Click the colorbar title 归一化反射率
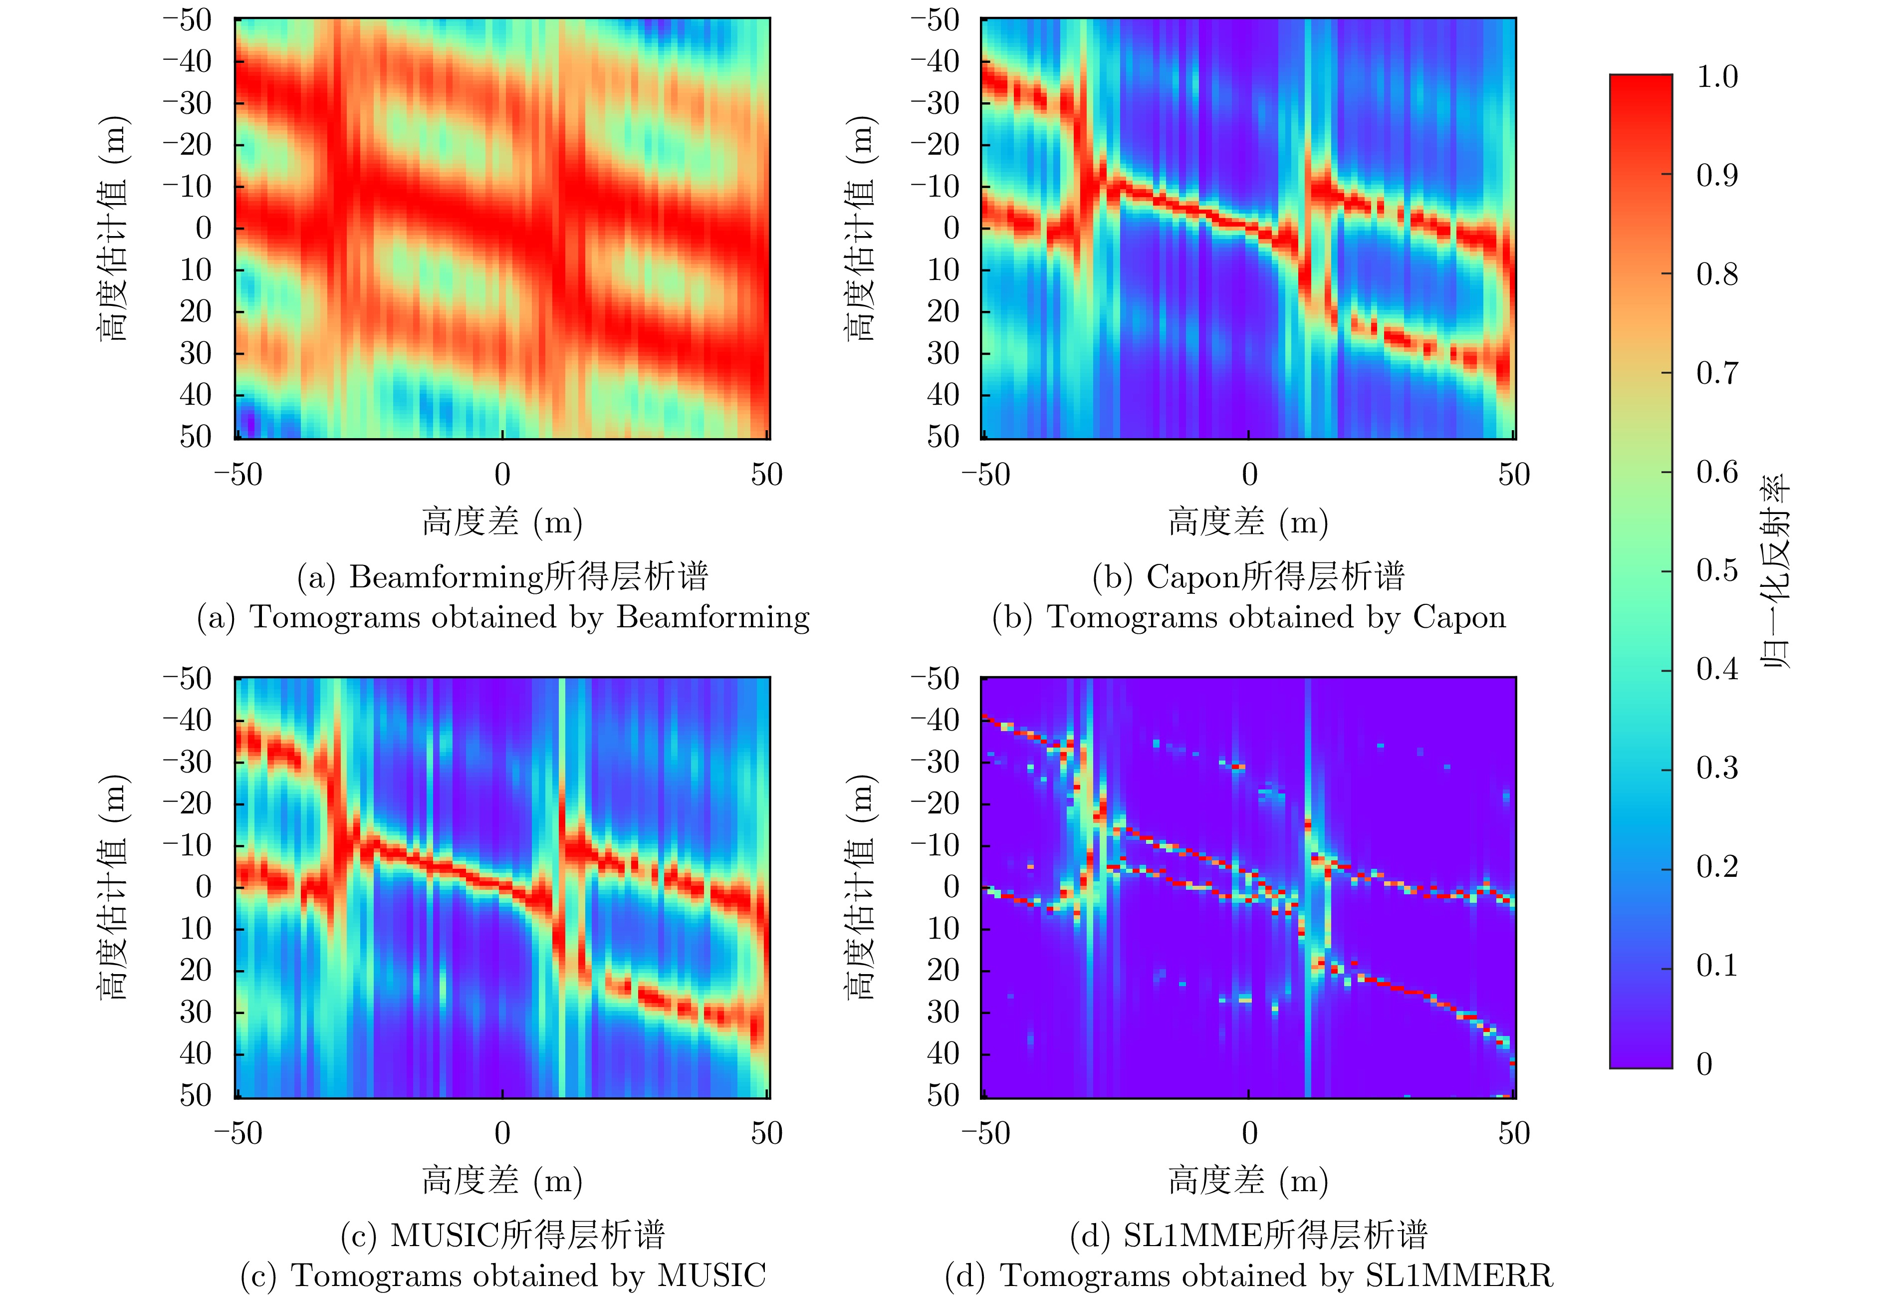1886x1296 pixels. (1776, 571)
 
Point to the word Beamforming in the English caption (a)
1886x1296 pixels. (713, 617)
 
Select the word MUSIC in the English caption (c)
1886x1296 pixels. (711, 1276)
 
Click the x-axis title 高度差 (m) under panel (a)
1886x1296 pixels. (502, 521)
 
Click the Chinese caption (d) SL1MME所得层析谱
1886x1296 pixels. (1249, 1235)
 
